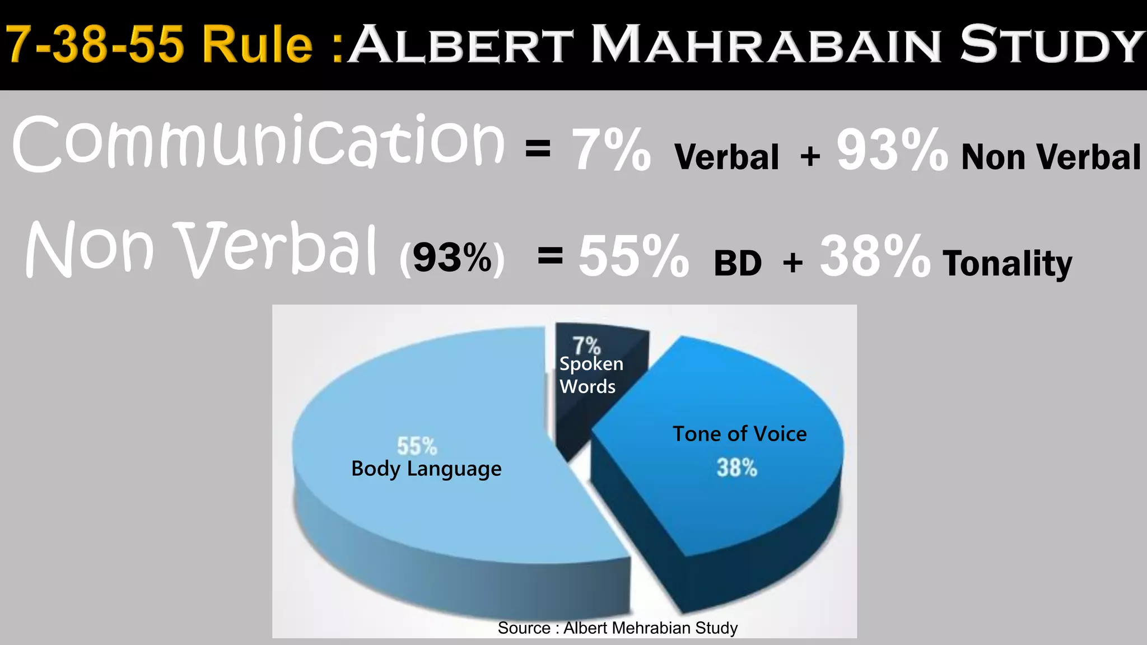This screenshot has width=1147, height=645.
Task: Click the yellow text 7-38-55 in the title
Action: (94, 45)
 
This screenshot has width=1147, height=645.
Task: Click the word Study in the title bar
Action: (1052, 45)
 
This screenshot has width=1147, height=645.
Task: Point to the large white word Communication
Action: (259, 143)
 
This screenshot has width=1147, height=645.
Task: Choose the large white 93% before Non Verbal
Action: (892, 150)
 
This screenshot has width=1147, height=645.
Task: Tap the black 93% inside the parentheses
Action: (452, 258)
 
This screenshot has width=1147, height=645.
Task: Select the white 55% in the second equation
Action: (633, 257)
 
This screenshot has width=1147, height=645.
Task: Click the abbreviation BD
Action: (738, 263)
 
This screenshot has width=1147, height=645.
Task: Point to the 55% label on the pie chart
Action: (417, 447)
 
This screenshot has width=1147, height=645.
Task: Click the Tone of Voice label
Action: (739, 434)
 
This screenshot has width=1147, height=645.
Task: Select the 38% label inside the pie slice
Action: (737, 468)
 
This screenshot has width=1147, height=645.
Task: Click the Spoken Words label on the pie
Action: (590, 375)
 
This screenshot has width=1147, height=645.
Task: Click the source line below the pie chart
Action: (617, 628)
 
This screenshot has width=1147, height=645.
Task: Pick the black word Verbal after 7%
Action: (726, 157)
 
